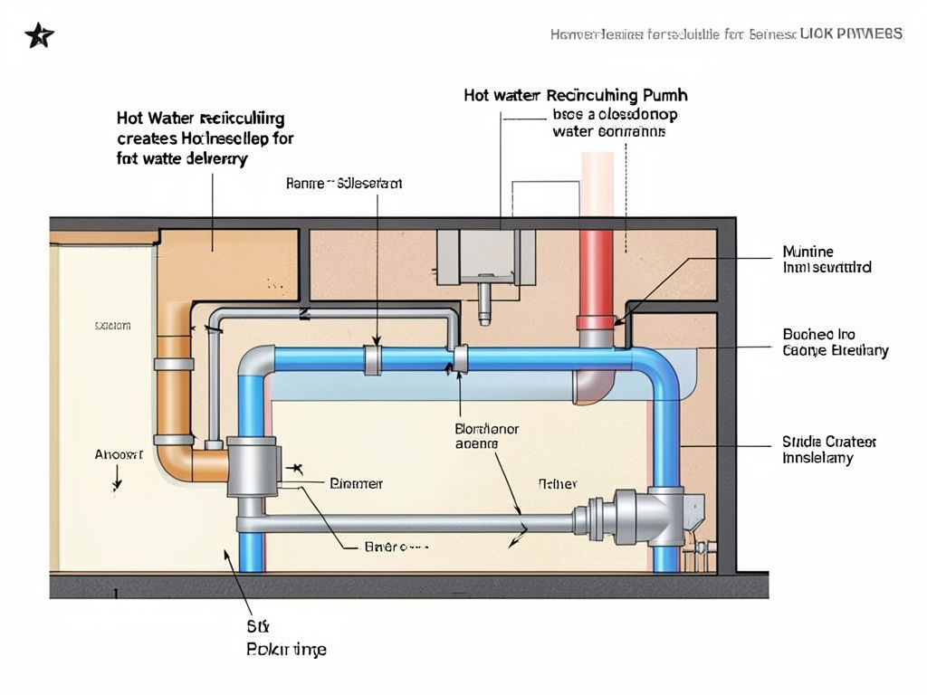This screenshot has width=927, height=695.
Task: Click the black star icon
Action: pos(39,35)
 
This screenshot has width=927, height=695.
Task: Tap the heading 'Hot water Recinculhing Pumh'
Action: pos(575,95)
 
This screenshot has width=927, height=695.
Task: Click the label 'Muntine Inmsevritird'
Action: pos(826,260)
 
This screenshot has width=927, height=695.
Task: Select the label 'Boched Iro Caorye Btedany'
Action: pos(835,342)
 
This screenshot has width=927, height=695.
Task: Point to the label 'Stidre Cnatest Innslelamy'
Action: pos(828,450)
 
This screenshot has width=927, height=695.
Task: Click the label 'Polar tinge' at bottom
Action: pos(286,649)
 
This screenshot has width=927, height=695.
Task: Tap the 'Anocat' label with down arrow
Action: pos(119,454)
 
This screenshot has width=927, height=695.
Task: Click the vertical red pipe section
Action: pos(596,271)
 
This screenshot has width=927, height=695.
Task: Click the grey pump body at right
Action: pos(645,518)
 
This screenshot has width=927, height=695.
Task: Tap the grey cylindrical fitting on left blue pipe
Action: pos(253,467)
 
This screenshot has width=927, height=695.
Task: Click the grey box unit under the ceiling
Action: pos(485,257)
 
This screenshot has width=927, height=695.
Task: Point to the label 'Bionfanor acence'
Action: pos(486,436)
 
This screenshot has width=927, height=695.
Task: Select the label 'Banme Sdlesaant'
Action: pos(344,184)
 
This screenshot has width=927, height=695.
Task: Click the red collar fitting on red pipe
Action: pos(596,322)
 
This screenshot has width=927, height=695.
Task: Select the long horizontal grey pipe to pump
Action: pos(407,523)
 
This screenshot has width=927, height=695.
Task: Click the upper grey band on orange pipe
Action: pos(174,364)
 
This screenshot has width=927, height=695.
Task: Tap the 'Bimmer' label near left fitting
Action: pos(356,484)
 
